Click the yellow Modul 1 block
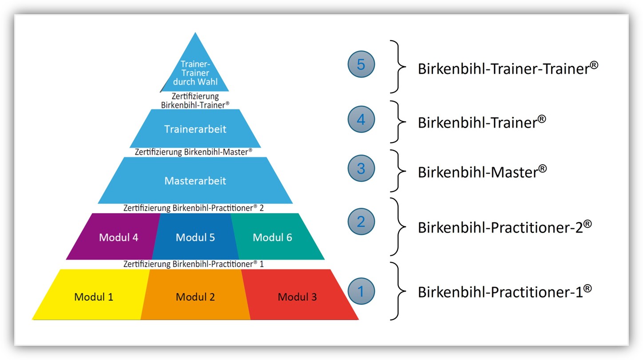pyautogui.click(x=93, y=297)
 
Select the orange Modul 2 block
pyautogui.click(x=195, y=297)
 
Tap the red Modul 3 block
pyautogui.click(x=297, y=297)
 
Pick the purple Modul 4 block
pyautogui.click(x=118, y=237)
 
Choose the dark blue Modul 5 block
pyautogui.click(x=195, y=237)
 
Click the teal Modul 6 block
pyautogui.click(x=272, y=237)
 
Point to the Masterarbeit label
pyautogui.click(x=195, y=181)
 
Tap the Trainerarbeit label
pyautogui.click(x=195, y=129)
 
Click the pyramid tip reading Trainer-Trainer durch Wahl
pyautogui.click(x=195, y=73)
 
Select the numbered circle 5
pyautogui.click(x=361, y=65)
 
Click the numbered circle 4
pyautogui.click(x=361, y=119)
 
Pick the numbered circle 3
pyautogui.click(x=361, y=169)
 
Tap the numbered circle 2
pyautogui.click(x=361, y=221)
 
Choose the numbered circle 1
pyautogui.click(x=361, y=291)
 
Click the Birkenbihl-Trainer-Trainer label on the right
pyautogui.click(x=508, y=68)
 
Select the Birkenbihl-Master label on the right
pyautogui.click(x=482, y=172)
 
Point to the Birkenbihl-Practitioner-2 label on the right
pyautogui.click(x=504, y=227)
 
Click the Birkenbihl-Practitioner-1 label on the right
pyautogui.click(x=504, y=292)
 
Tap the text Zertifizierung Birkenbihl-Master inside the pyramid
pyautogui.click(x=194, y=152)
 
